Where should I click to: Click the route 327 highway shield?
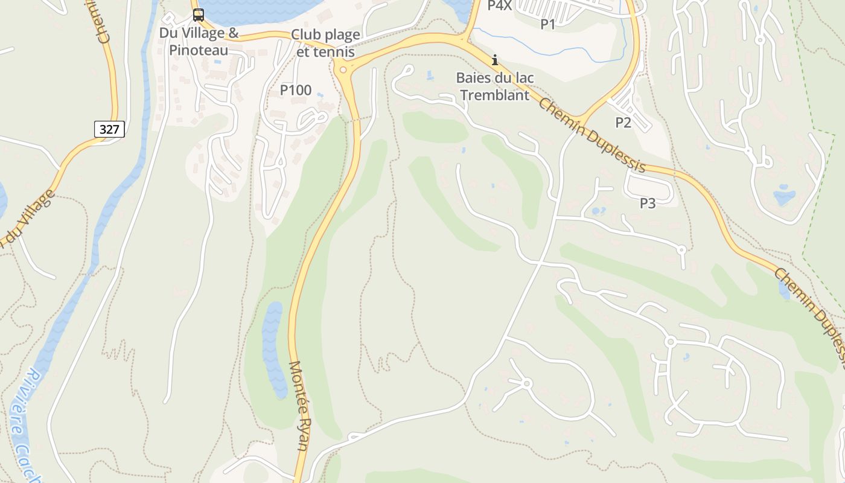point(109,129)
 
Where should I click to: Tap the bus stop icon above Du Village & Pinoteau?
point(198,15)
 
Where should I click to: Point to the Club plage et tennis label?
point(325,43)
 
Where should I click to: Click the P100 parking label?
point(296,91)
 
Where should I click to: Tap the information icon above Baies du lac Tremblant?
point(495,60)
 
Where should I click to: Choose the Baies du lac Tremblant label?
point(494,86)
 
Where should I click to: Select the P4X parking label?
point(499,5)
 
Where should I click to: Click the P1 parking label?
point(547,24)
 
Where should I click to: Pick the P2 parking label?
point(623,123)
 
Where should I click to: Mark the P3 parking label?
point(648,203)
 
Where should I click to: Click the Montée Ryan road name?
point(299,405)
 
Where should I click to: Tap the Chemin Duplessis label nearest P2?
point(591,136)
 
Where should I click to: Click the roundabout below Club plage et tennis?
point(343,70)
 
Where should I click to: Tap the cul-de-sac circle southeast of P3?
point(681,249)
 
